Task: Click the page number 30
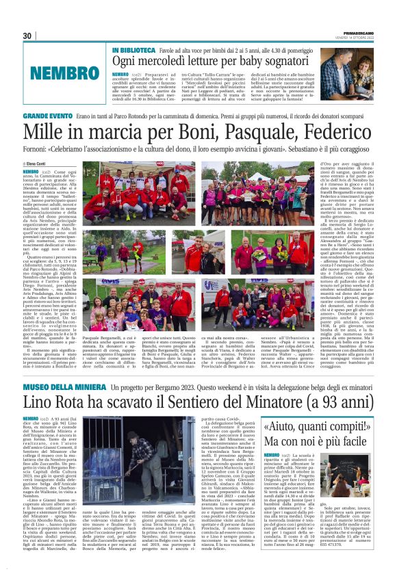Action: (x=27, y=36)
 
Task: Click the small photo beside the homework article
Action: (x=356, y=472)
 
